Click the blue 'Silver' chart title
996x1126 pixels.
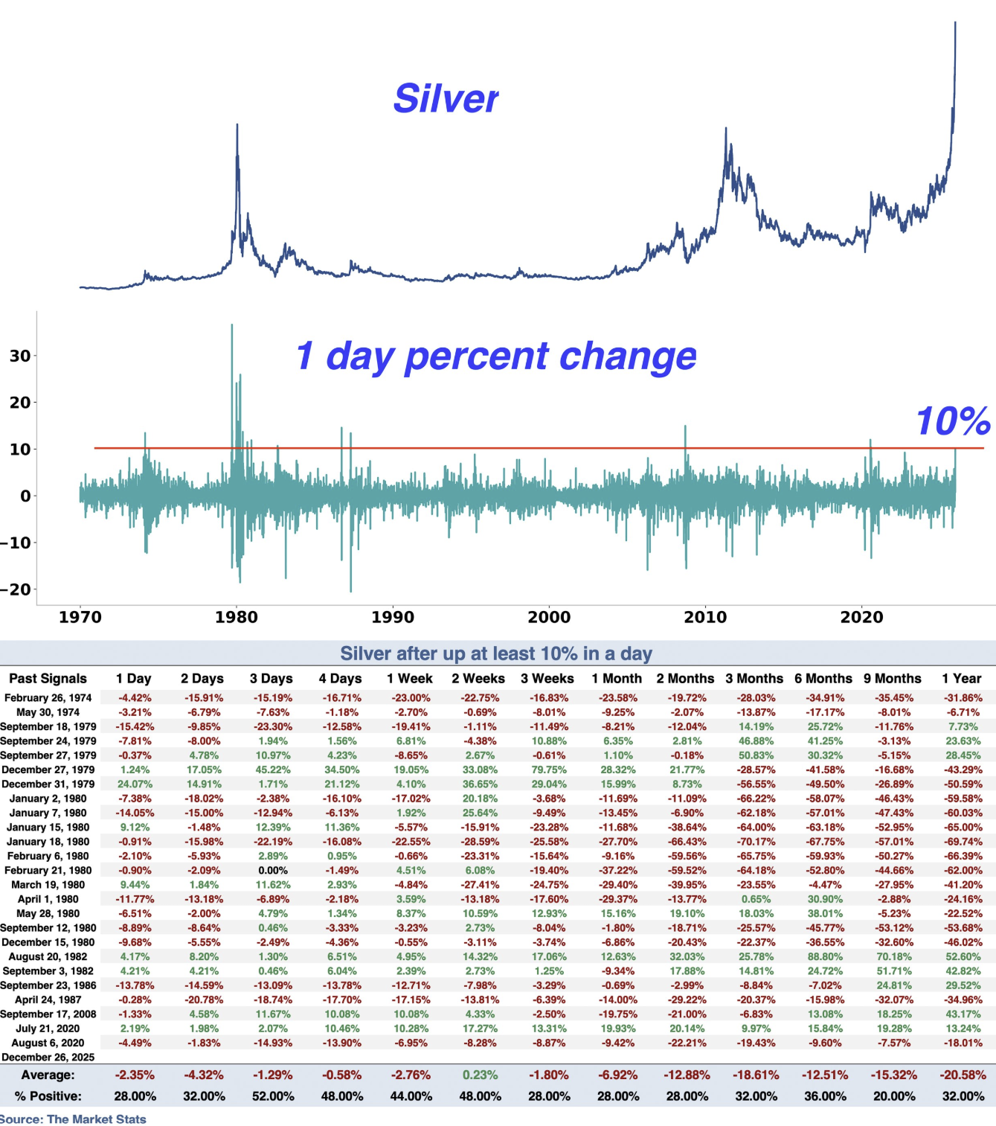point(446,98)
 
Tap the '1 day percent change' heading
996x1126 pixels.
point(495,356)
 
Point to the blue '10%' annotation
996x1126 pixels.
point(952,421)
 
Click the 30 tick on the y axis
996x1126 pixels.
point(20,356)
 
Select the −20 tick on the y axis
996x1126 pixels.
point(16,589)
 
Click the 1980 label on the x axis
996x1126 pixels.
point(237,617)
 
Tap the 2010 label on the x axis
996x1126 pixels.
point(705,617)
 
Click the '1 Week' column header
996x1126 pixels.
point(410,679)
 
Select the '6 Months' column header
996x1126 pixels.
point(823,679)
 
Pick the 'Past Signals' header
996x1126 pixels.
point(48,679)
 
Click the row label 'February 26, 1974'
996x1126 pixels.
point(48,698)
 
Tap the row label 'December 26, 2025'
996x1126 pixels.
point(48,1058)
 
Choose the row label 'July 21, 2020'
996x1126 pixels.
point(48,1029)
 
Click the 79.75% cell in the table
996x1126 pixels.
point(548,770)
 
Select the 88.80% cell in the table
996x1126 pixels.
point(824,957)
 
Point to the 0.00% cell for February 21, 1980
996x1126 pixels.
point(273,871)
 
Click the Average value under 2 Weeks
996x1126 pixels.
point(480,1075)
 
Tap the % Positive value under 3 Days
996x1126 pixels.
point(273,1096)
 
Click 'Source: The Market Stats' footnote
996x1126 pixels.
point(73,1119)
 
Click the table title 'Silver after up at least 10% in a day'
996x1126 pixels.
point(496,653)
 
